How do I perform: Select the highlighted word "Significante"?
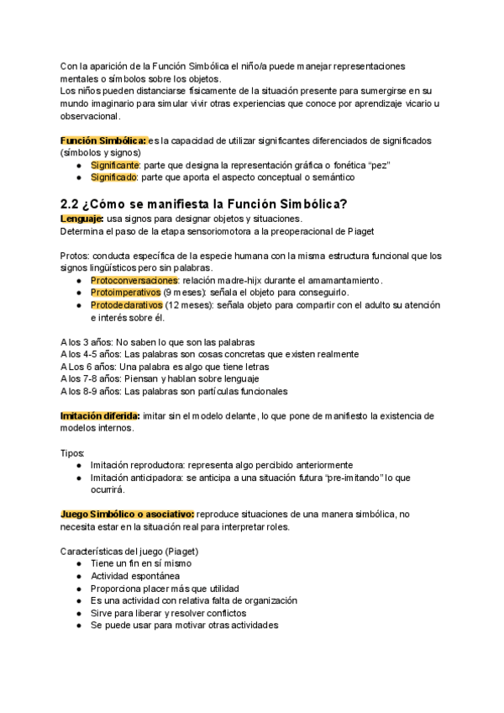point(115,166)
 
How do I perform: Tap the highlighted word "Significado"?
point(114,177)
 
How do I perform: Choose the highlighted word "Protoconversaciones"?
point(134,279)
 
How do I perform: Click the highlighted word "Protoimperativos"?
point(125,292)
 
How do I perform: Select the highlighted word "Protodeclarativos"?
point(127,305)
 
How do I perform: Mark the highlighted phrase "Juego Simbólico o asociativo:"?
point(127,514)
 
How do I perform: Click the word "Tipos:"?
point(73,452)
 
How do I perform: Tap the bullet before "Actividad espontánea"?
point(78,577)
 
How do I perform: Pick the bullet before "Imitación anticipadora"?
point(78,478)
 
